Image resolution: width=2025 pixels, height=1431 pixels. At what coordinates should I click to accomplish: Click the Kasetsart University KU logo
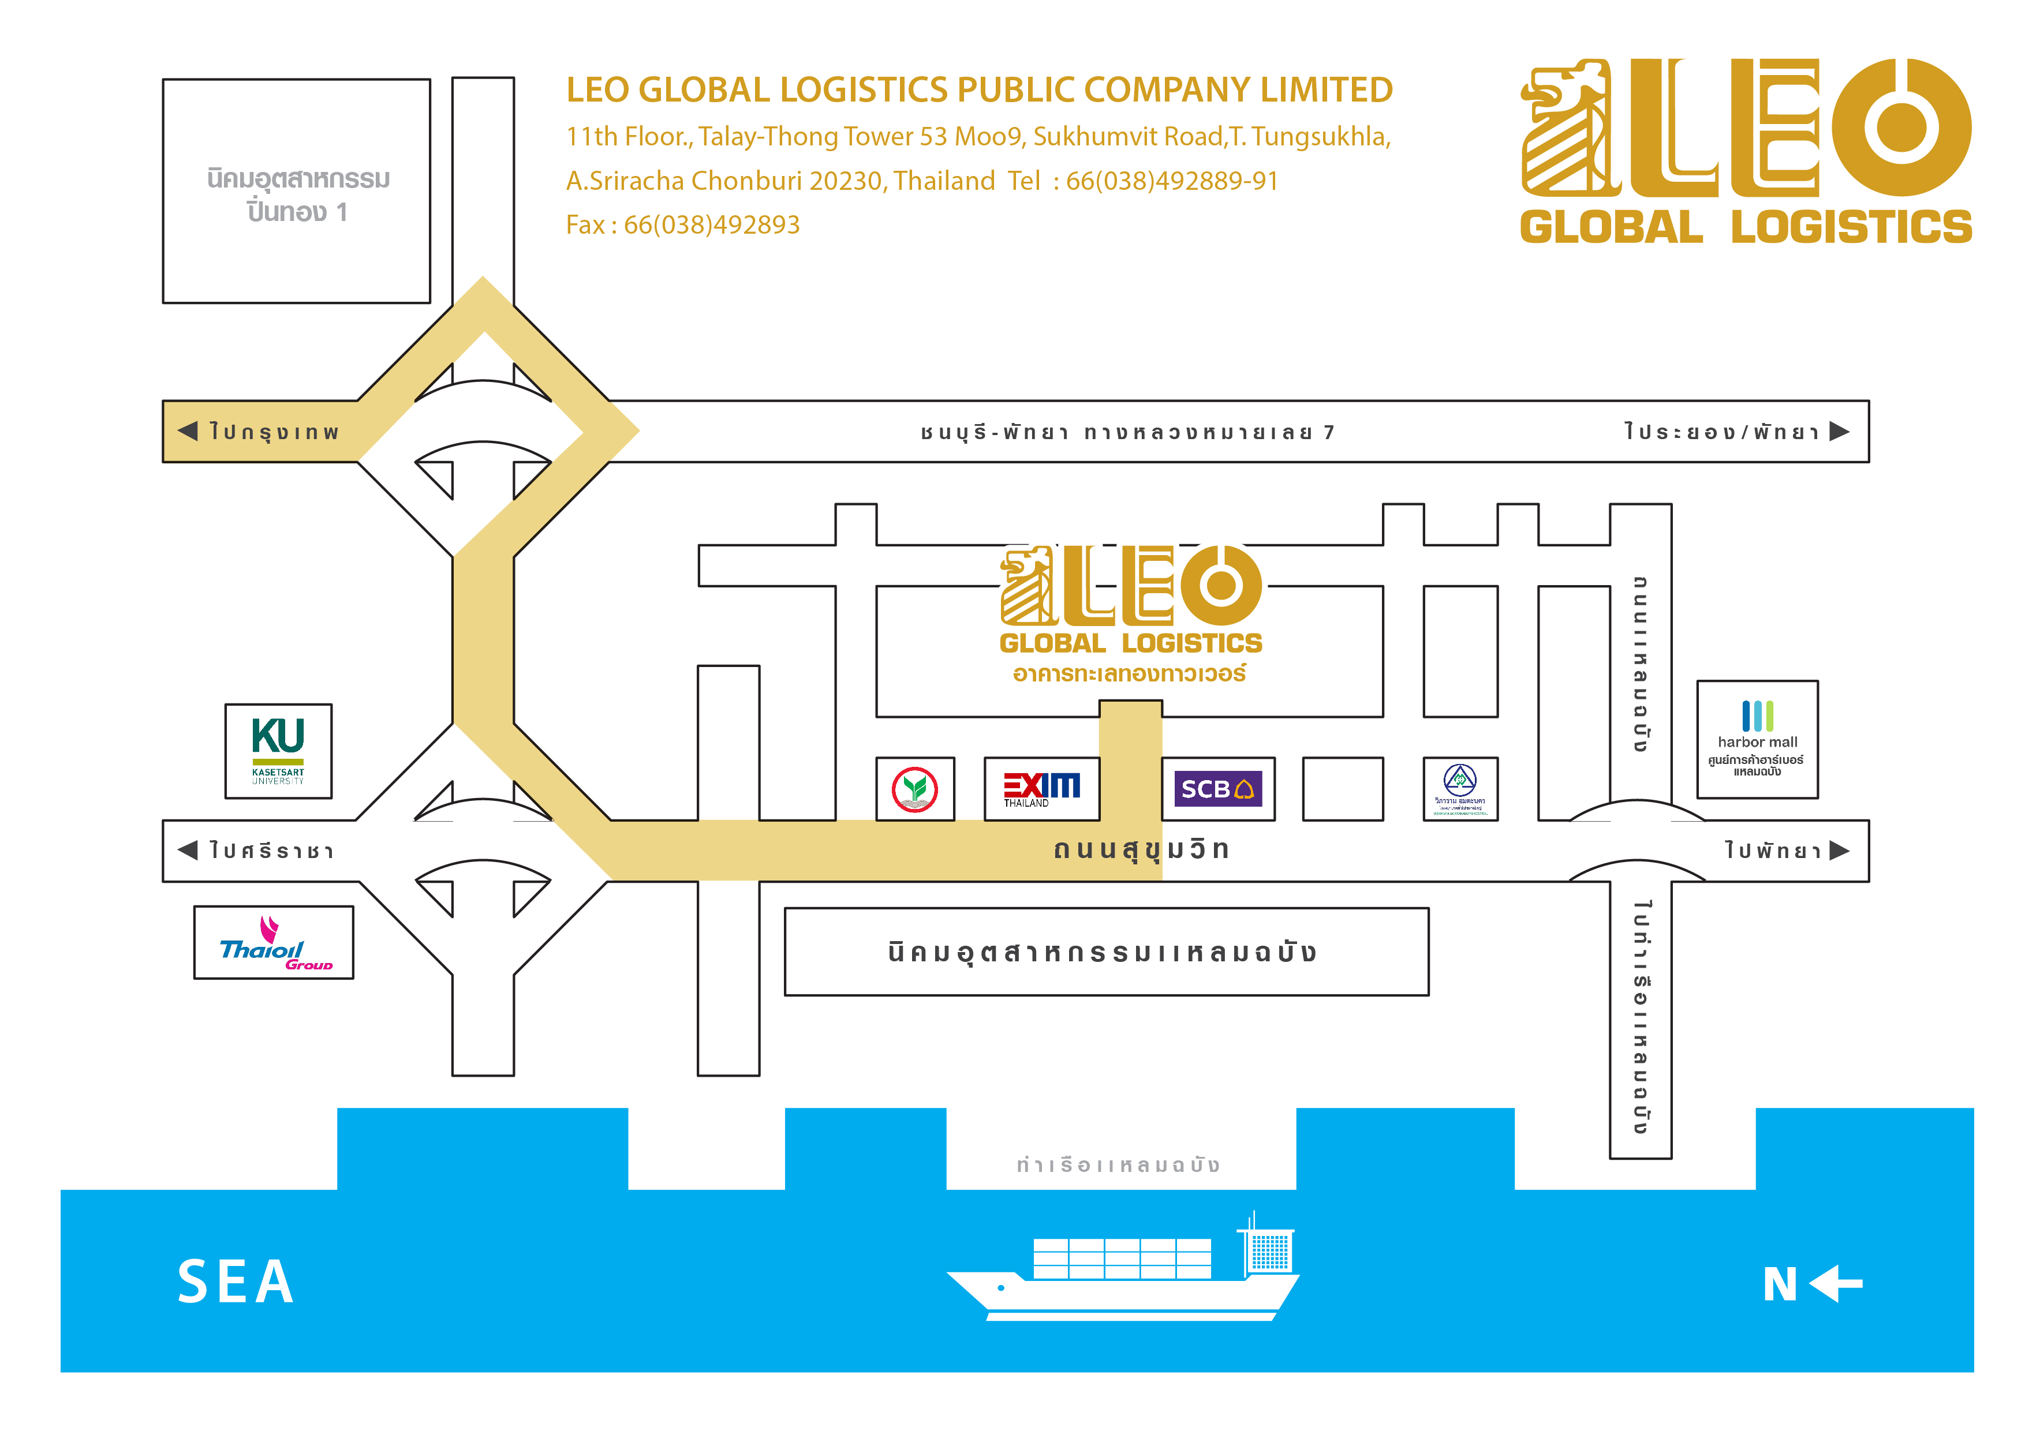pos(278,750)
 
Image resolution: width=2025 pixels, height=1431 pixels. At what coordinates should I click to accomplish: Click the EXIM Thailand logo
pos(1041,788)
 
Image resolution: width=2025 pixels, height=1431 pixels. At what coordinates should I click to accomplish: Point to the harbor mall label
pos(1757,741)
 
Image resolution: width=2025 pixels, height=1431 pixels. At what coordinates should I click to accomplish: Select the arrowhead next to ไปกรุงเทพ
pos(188,431)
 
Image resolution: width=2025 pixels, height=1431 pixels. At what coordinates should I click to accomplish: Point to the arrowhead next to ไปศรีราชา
pos(188,850)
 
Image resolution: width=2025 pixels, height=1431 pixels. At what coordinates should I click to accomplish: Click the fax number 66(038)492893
pos(711,225)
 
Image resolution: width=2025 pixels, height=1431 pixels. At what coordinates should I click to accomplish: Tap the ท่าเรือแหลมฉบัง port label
pos(1118,1165)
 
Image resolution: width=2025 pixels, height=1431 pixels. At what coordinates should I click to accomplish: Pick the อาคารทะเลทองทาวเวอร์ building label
pos(1129,673)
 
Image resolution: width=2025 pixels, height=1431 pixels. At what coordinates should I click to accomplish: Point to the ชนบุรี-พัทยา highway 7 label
pos(1127,432)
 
